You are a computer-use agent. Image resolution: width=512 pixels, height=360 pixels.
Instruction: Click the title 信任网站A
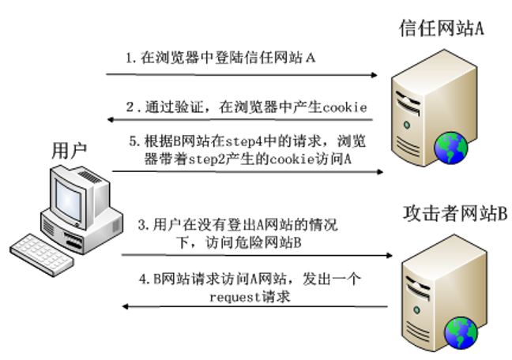(x=441, y=28)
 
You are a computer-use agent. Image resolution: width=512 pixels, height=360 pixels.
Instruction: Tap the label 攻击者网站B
(x=455, y=213)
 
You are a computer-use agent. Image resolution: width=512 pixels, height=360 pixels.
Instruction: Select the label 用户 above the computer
(x=70, y=151)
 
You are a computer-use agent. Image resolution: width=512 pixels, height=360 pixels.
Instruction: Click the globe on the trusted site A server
(x=450, y=148)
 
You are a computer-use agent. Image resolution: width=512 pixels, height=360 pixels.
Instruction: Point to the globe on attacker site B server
(x=461, y=333)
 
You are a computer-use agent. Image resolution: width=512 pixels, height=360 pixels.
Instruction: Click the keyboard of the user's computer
(x=42, y=254)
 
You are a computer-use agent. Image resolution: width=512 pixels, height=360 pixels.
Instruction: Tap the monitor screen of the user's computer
(x=68, y=200)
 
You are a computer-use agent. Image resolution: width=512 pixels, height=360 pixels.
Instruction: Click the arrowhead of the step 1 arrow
(x=375, y=75)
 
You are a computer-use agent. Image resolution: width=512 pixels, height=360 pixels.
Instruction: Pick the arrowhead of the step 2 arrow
(x=111, y=119)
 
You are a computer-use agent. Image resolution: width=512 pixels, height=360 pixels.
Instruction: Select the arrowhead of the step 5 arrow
(x=380, y=171)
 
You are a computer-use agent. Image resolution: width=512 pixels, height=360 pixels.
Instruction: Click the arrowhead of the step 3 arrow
(x=389, y=255)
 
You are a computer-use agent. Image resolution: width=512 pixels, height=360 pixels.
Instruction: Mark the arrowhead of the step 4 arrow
(x=125, y=306)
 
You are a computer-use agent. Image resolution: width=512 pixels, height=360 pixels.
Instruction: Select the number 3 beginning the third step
(x=141, y=225)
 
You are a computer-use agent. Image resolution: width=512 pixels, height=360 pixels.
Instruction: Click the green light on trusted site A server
(x=407, y=125)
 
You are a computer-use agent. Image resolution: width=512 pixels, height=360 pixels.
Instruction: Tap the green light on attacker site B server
(x=416, y=309)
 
